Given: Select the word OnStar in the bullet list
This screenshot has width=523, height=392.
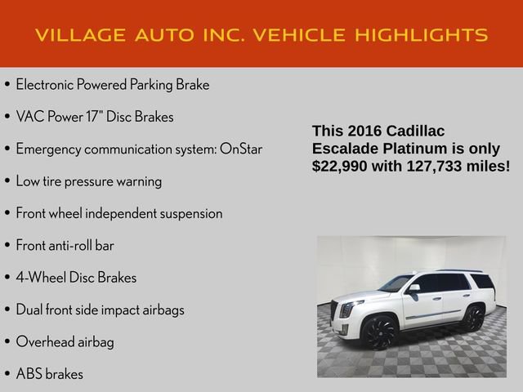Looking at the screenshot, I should click(x=241, y=149).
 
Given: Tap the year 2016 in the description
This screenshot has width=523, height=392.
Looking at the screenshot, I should click(x=365, y=131).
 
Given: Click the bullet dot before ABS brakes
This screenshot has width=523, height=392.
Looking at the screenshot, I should click(x=7, y=375).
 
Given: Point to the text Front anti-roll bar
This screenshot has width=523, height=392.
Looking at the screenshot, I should click(x=65, y=246).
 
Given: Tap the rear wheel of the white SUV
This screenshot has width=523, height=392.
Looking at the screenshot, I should click(x=472, y=317).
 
